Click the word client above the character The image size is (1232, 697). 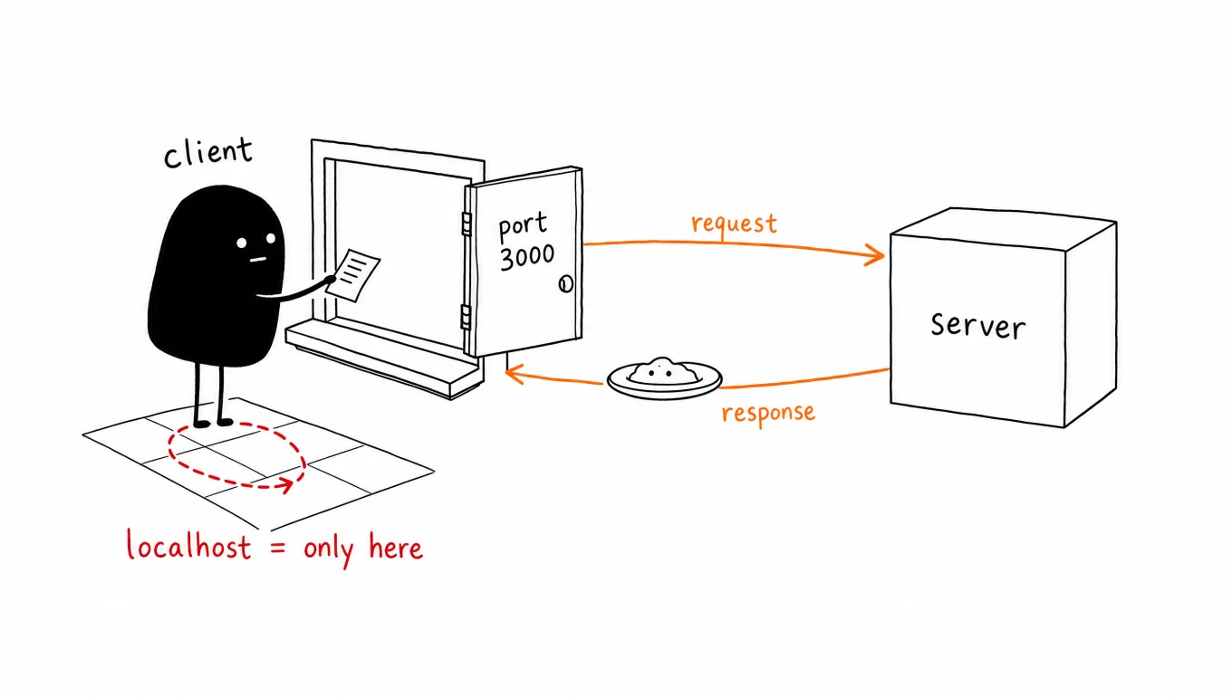pyautogui.click(x=208, y=152)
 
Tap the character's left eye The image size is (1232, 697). pyautogui.click(x=242, y=243)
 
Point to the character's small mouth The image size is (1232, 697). pyautogui.click(x=258, y=260)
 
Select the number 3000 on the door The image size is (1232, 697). pyautogui.click(x=527, y=257)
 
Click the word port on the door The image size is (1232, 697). pyautogui.click(x=523, y=226)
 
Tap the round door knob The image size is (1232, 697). pyautogui.click(x=566, y=284)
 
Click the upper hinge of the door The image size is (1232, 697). pyautogui.click(x=467, y=224)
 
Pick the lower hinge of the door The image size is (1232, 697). pyautogui.click(x=466, y=317)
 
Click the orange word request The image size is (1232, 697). pyautogui.click(x=734, y=224)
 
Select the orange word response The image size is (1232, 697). pyautogui.click(x=768, y=414)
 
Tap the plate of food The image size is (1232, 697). pyautogui.click(x=664, y=378)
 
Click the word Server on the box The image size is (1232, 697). pyautogui.click(x=978, y=325)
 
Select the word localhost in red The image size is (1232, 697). pyautogui.click(x=188, y=545)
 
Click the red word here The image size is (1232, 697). pyautogui.click(x=396, y=547)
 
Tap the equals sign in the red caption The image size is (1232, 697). pyautogui.click(x=278, y=548)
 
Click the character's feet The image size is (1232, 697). pyautogui.click(x=214, y=423)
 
